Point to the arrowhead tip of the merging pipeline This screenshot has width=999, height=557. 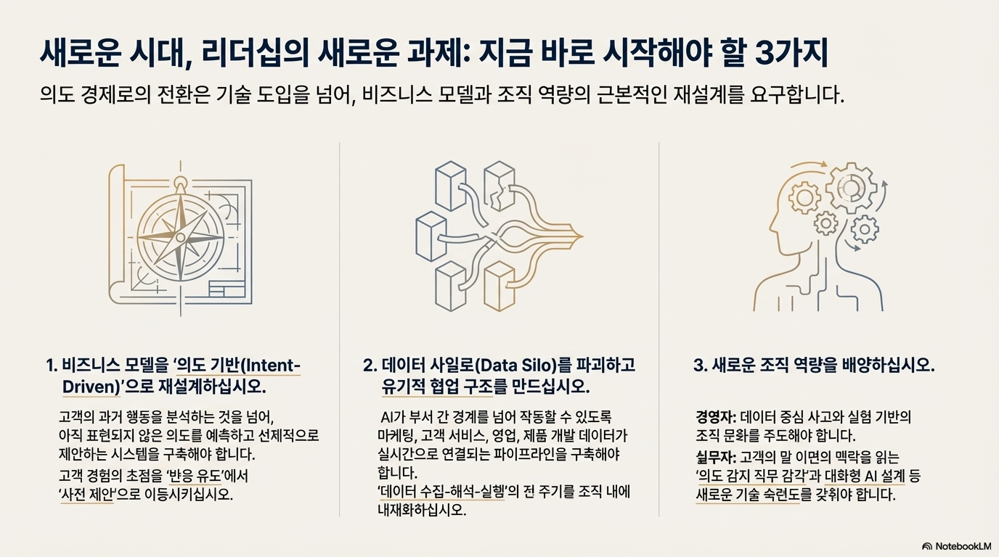pyautogui.click(x=582, y=236)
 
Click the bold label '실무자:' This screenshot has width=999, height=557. pyautogui.click(x=717, y=457)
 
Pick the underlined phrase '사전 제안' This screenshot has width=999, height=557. pyautogui.click(x=86, y=495)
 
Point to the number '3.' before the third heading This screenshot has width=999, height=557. pyautogui.click(x=700, y=366)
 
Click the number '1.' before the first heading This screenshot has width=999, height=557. pyautogui.click(x=51, y=366)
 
